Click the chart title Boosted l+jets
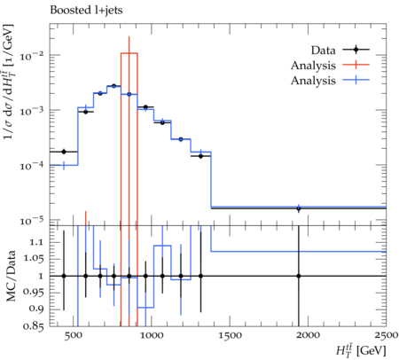(86, 11)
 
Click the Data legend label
(323, 51)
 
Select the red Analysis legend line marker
(356, 65)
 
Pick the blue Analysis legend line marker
(356, 80)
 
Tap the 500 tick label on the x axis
(73, 336)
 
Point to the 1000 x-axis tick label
(151, 336)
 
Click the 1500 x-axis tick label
(230, 336)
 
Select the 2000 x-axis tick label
(308, 336)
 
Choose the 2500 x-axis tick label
(387, 336)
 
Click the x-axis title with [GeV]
(361, 350)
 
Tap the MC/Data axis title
(11, 276)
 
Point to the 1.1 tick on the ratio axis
(36, 243)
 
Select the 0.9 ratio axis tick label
(36, 309)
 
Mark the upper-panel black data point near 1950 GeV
(299, 208)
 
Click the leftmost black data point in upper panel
(64, 152)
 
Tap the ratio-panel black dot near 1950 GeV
(299, 276)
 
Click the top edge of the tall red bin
(129, 53)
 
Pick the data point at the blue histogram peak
(113, 86)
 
